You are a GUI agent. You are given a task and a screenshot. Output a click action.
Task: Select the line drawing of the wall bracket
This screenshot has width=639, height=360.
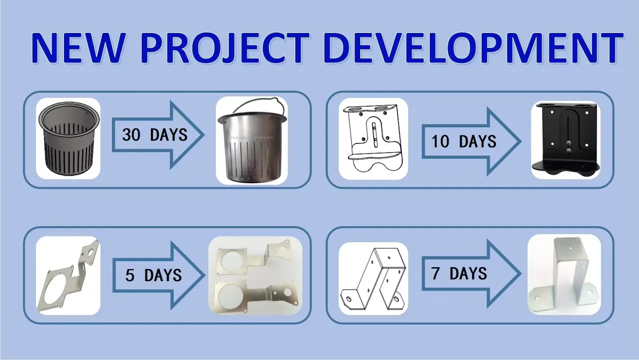point(373,138)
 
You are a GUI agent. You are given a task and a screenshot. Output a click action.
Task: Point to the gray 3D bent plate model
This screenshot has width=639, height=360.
point(68,275)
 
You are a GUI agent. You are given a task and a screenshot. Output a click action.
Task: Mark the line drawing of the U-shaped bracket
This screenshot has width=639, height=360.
point(373,278)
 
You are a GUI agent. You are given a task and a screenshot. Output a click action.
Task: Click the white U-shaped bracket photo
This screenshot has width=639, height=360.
point(564,274)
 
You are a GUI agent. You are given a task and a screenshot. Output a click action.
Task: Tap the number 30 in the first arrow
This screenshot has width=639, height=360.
point(131,134)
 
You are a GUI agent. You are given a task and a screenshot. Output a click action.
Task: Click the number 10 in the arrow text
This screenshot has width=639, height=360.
point(441,141)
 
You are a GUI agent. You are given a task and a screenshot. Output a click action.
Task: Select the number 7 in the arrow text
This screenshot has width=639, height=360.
point(436,274)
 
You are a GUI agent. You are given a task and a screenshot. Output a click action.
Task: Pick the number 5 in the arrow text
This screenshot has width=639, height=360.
point(130,275)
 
